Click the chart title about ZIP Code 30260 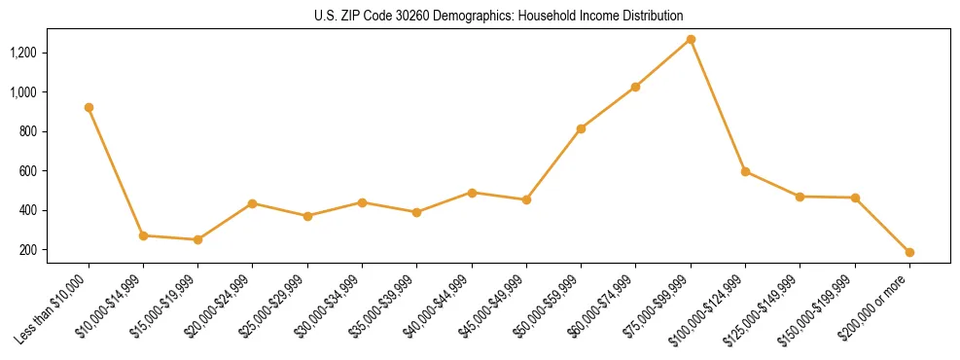pos(498,16)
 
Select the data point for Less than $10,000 pos(89,107)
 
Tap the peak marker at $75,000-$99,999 pos(691,39)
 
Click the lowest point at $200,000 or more pos(909,252)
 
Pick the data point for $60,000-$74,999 pos(635,87)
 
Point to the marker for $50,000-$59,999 pos(581,128)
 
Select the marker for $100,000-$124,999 pos(745,171)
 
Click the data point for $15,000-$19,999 pos(197,239)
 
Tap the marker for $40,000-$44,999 pos(472,193)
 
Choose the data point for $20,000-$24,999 pos(253,203)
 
